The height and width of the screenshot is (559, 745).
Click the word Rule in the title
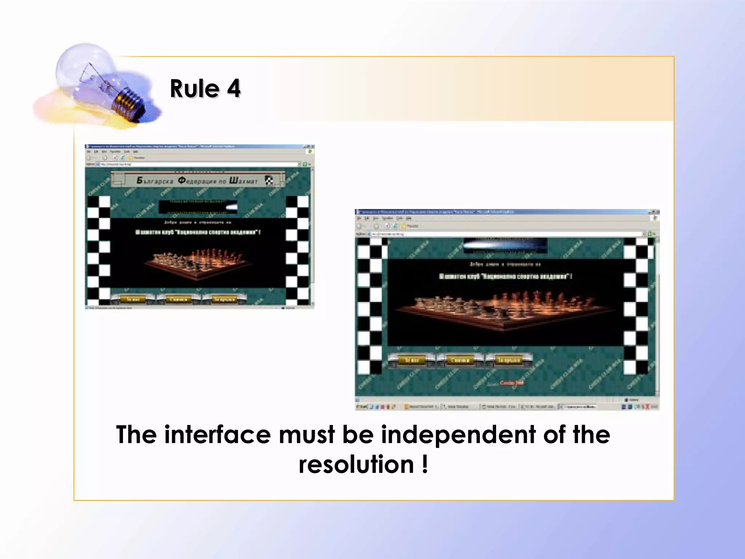[195, 89]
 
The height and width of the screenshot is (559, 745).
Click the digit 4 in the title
[234, 89]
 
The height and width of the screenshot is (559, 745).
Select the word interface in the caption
[217, 435]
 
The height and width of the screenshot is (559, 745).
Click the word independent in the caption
[458, 435]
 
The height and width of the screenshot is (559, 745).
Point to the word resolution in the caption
[356, 465]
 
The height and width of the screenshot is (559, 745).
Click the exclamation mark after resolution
[425, 465]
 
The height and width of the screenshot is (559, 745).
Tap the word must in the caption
[307, 435]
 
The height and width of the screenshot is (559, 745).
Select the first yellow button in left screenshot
[133, 299]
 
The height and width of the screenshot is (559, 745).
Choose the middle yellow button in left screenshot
[179, 299]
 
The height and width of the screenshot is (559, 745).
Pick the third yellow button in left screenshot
[224, 299]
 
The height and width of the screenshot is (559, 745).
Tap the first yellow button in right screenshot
[411, 360]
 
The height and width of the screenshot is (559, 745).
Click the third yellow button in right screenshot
[509, 360]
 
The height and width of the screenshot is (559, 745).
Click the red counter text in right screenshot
[512, 383]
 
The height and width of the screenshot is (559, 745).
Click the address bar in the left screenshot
[198, 164]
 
